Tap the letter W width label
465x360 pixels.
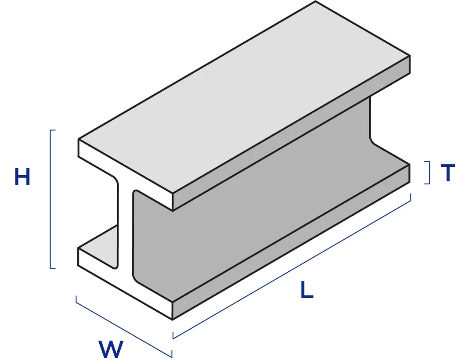pyautogui.click(x=110, y=349)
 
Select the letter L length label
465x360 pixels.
pyautogui.click(x=307, y=290)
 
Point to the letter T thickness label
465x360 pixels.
pyautogui.click(x=447, y=173)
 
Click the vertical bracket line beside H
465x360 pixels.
pyautogui.click(x=51, y=199)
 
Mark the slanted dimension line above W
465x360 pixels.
pyautogui.click(x=123, y=326)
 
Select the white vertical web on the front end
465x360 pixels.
pyautogui.click(x=126, y=228)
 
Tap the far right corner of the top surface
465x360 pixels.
pyautogui.click(x=410, y=56)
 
